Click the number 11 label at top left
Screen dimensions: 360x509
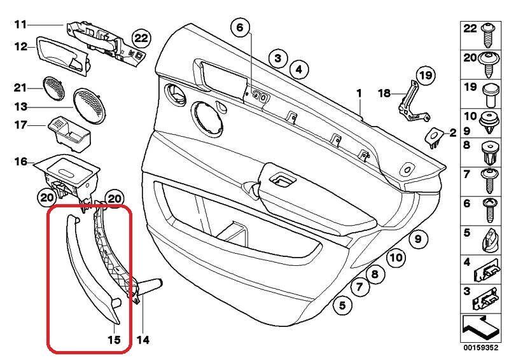coord(20,25)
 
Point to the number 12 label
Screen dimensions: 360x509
coord(20,46)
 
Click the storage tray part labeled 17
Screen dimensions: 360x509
coord(70,130)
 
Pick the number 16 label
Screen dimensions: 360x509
coord(20,162)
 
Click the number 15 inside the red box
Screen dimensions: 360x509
coord(113,340)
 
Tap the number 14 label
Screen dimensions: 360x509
coord(143,340)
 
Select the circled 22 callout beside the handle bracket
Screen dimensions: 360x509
coord(141,38)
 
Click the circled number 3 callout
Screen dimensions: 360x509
coord(277,59)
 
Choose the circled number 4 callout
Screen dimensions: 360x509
coord(298,69)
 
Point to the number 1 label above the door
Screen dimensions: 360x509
coord(359,93)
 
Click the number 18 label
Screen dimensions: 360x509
coord(384,93)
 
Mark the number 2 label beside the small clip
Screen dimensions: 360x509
coord(452,133)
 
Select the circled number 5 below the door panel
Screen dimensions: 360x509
coord(342,306)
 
